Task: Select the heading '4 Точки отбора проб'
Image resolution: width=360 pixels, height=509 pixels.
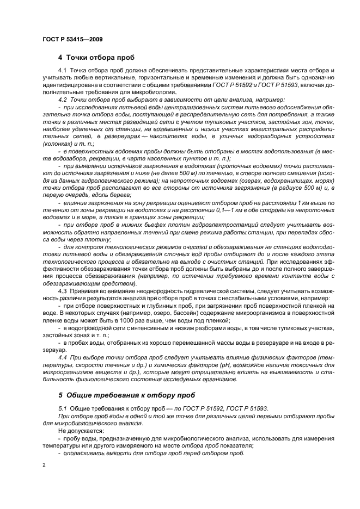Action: click(96, 58)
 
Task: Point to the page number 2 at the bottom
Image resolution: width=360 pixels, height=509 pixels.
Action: click(44, 466)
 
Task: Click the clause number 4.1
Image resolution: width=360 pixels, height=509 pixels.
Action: click(62, 72)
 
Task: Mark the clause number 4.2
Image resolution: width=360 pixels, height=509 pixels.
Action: click(62, 100)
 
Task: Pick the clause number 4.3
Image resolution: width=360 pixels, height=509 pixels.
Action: click(62, 291)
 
